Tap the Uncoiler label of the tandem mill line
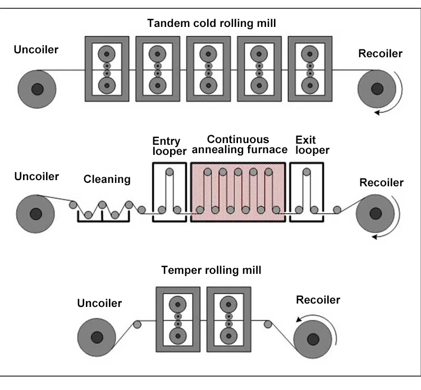pos(36,49)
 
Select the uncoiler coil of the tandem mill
pos(37,89)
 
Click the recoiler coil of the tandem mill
pos(377,89)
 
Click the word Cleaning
pos(107,180)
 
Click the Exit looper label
pos(312,146)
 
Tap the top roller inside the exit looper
pos(306,172)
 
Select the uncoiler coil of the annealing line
pos(36,213)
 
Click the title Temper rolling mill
pos(210,270)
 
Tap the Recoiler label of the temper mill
pos(318,300)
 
